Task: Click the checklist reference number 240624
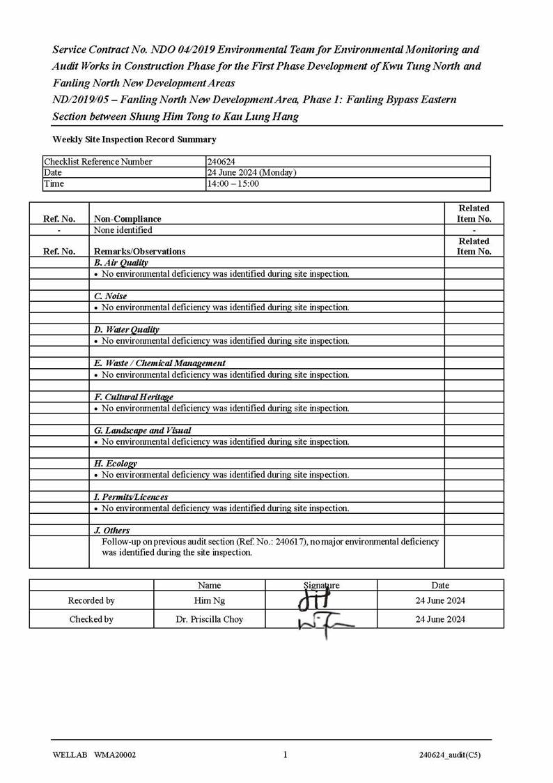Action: (x=221, y=162)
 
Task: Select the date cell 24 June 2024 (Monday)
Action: (x=251, y=173)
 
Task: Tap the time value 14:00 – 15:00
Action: (x=233, y=184)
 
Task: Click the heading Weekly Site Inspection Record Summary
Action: (x=134, y=139)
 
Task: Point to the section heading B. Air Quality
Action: (x=120, y=263)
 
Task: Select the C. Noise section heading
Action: (x=110, y=296)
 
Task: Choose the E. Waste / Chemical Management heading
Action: (x=159, y=363)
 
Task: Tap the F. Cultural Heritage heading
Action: (x=133, y=397)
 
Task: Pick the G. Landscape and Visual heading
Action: (x=142, y=430)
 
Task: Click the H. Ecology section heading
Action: (x=115, y=464)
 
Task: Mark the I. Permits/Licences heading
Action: (x=130, y=497)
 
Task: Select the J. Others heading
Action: (x=111, y=531)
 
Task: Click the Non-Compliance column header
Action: (x=127, y=219)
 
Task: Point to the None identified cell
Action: (x=123, y=230)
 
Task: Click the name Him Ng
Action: (x=209, y=600)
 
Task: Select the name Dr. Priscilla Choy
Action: (x=209, y=619)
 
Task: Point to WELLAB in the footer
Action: (x=70, y=755)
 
